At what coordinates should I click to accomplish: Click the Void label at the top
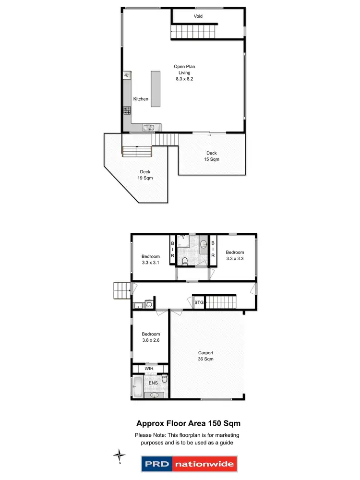(198, 16)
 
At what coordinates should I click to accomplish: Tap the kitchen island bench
(156, 89)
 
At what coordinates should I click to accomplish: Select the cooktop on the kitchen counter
(127, 110)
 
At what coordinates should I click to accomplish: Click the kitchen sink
(148, 128)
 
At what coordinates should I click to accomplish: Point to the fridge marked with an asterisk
(127, 75)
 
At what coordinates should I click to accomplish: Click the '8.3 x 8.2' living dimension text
(184, 78)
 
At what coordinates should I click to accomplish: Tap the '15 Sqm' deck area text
(211, 159)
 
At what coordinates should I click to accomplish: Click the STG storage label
(199, 303)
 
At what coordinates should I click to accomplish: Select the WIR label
(149, 368)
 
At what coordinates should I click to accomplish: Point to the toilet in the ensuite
(164, 379)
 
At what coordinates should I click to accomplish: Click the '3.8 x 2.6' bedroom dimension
(151, 340)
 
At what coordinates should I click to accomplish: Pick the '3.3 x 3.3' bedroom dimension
(235, 259)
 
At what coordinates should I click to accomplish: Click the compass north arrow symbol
(120, 455)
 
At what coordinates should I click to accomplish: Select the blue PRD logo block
(156, 464)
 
